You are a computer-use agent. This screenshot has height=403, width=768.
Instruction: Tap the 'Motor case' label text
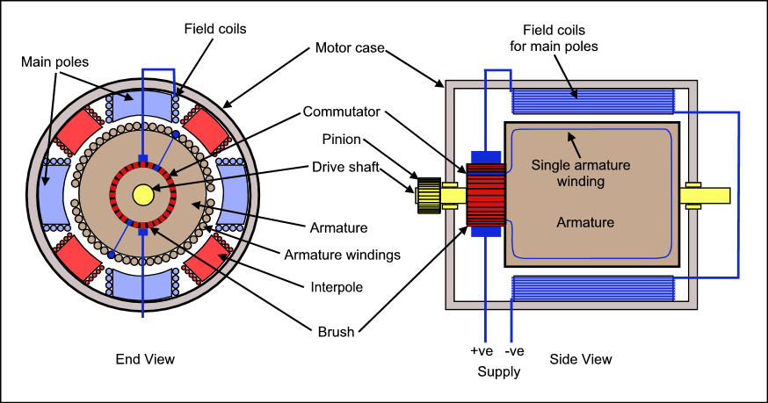point(350,47)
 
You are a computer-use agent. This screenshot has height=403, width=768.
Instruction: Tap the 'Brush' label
point(337,332)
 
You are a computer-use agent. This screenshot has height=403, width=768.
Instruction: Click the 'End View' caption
point(145,359)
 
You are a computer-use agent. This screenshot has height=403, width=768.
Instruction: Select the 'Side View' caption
point(581,359)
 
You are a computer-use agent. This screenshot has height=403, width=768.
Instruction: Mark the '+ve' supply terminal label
point(482,351)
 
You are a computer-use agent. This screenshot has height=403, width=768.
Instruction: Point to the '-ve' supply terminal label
point(515,351)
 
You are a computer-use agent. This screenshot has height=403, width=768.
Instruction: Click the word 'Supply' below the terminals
point(498,371)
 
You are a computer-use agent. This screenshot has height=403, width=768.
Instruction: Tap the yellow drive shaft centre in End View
point(142,193)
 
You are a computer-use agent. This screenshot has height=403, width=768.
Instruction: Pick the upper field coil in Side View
point(593,101)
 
